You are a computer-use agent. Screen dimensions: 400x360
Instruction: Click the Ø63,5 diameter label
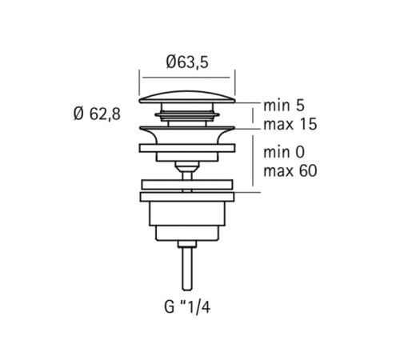(186, 62)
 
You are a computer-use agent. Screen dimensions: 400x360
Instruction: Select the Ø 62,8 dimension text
(97, 114)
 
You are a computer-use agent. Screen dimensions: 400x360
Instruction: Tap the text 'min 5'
(284, 105)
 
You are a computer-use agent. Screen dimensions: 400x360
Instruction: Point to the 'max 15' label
(290, 124)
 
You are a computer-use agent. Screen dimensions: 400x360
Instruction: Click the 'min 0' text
(284, 152)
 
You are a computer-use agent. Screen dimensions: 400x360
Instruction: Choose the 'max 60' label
(290, 171)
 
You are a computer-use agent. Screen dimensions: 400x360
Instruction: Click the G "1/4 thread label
(187, 307)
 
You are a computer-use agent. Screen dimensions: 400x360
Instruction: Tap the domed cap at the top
(187, 97)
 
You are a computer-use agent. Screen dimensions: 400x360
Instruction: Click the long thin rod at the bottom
(187, 269)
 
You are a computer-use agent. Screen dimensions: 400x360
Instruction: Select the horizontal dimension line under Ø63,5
(186, 78)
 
